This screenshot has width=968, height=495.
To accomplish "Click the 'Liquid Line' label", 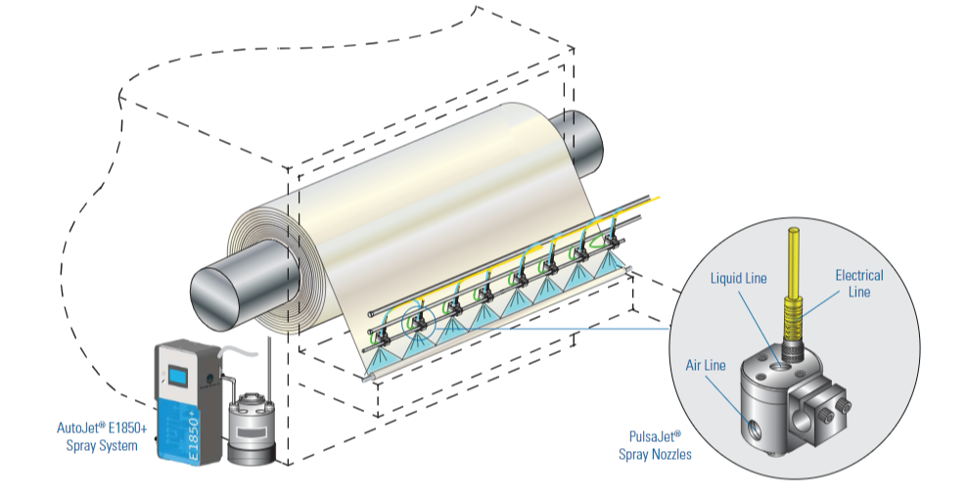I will [739, 280].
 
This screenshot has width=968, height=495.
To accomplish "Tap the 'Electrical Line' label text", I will [858, 284].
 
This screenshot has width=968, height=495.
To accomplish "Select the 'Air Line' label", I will [706, 365].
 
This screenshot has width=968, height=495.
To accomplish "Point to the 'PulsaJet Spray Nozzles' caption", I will [656, 446].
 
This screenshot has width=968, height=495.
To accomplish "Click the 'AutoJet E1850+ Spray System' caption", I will [100, 437].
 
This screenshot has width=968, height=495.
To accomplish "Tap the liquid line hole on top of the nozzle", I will [777, 364].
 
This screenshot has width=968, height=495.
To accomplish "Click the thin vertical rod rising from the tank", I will [270, 367].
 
